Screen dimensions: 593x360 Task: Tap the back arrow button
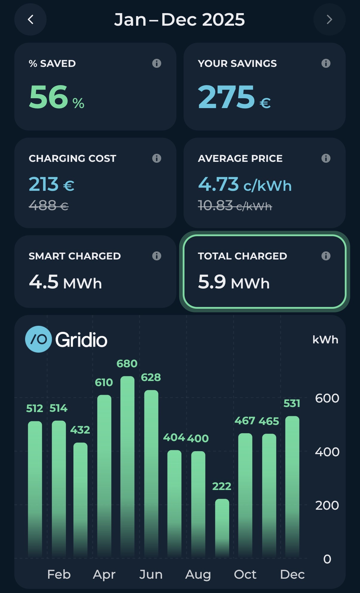coord(30,20)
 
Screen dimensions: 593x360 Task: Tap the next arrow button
coord(329,20)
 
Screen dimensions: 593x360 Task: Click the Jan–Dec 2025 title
coord(179,20)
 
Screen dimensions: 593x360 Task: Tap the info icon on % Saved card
coord(156,63)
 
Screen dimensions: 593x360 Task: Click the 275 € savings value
coord(234,97)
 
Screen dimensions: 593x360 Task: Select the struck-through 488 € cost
coord(49,205)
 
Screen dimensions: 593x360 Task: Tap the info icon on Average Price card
coord(326,158)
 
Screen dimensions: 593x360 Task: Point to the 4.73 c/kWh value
coord(245,184)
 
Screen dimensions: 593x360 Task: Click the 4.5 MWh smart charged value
coord(65,282)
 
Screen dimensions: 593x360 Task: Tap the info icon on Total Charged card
coord(326,256)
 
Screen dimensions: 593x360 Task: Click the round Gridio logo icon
coord(39,339)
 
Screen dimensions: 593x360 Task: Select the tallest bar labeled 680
coord(127,466)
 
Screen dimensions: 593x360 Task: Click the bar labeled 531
coord(292,487)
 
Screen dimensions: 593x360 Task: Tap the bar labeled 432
coord(80,499)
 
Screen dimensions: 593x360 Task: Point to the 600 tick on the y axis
coord(327,398)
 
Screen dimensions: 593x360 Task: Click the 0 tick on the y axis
coord(327,559)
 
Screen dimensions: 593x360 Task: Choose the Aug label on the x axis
coord(198,574)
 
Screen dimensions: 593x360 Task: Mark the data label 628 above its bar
coord(151,377)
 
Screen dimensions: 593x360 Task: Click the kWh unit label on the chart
coord(325,340)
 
